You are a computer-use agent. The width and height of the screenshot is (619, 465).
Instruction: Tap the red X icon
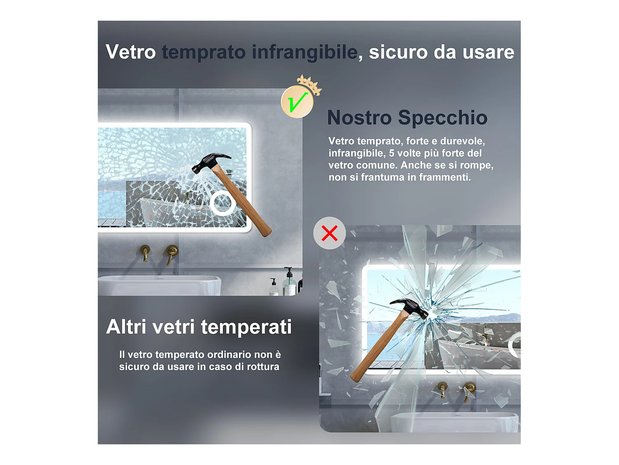(329, 233)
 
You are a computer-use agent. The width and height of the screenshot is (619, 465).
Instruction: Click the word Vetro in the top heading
(130, 52)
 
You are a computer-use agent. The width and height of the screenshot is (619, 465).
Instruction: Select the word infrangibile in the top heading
(305, 52)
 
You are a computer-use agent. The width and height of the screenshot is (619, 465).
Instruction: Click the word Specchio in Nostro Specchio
(442, 118)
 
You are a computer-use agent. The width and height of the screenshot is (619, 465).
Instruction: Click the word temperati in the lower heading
(246, 327)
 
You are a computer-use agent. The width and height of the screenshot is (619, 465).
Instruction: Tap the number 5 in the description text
(392, 153)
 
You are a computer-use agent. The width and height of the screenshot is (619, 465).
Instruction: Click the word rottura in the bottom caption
(263, 367)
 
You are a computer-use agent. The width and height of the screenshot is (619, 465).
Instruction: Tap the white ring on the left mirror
(223, 203)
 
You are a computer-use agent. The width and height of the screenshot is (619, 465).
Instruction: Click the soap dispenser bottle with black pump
(289, 283)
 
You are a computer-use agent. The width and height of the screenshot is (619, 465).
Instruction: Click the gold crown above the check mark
(309, 84)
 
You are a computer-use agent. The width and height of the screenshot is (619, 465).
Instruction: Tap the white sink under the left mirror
(159, 285)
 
